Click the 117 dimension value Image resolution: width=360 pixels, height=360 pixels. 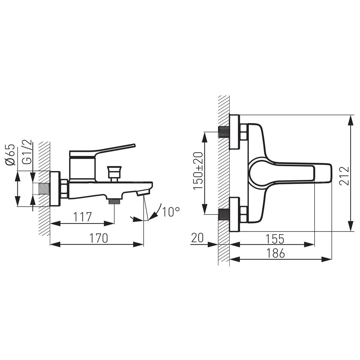[x=82, y=217]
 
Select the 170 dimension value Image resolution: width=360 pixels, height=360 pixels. [x=99, y=238]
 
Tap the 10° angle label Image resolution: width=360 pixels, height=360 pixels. [x=171, y=212]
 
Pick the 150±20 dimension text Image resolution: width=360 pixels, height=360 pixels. [x=198, y=171]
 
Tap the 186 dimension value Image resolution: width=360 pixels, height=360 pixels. [x=276, y=253]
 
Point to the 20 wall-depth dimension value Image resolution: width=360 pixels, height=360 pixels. [x=197, y=238]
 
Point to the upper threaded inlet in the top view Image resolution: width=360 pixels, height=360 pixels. [x=224, y=132]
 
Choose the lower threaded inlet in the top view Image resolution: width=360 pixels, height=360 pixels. [x=224, y=214]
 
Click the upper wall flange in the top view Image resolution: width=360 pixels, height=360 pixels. [x=235, y=132]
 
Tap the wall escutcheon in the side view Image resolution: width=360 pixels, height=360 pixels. [x=55, y=189]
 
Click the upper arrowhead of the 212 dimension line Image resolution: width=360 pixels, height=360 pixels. [x=351, y=120]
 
